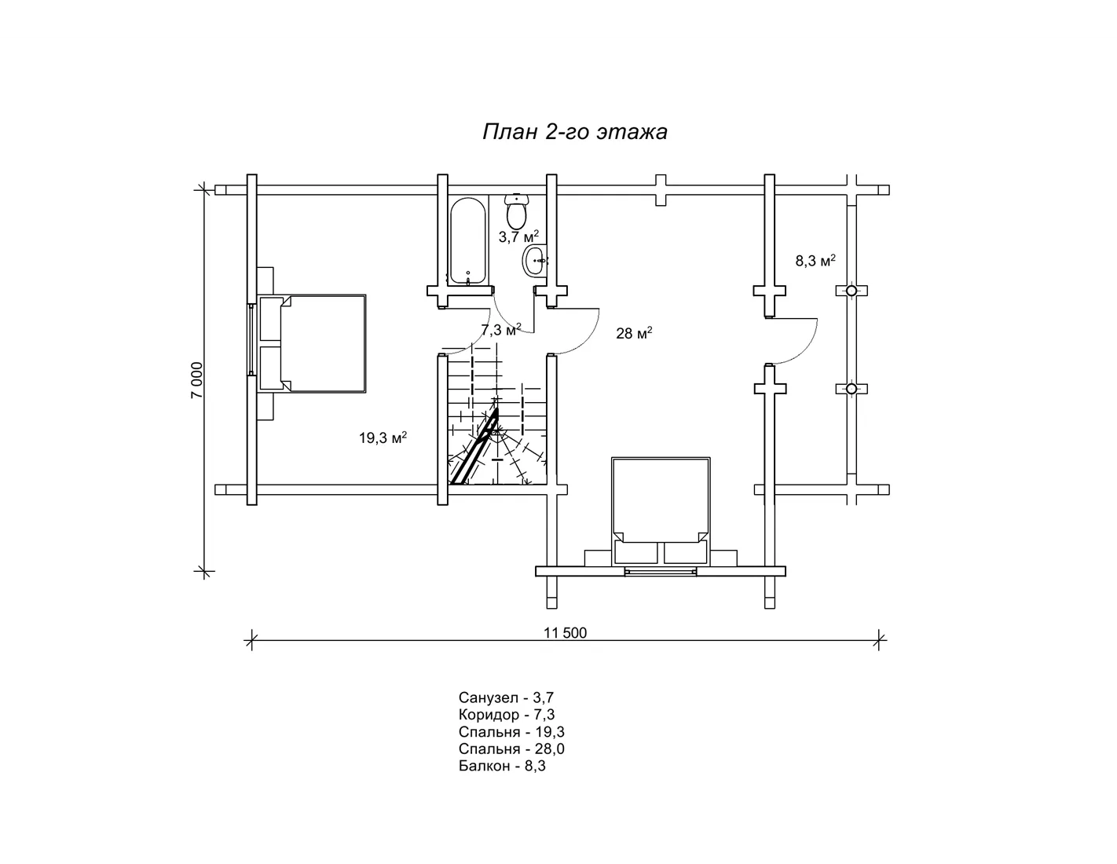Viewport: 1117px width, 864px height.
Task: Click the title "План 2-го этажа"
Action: pyautogui.click(x=575, y=132)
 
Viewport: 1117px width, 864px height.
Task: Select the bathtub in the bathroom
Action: pyautogui.click(x=467, y=242)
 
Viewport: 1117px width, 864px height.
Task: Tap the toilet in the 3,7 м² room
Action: pyautogui.click(x=516, y=212)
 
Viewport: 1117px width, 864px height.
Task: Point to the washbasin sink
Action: pyautogui.click(x=535, y=261)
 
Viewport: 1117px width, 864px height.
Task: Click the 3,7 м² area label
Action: pyautogui.click(x=518, y=236)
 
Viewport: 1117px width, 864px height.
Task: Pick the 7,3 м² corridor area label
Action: pyautogui.click(x=501, y=329)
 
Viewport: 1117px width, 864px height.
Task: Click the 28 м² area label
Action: pyautogui.click(x=635, y=334)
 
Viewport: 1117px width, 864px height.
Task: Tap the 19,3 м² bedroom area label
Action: pyautogui.click(x=383, y=438)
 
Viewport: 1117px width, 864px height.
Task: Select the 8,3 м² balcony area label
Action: pyautogui.click(x=815, y=261)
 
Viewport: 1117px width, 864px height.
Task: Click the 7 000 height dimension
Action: pyautogui.click(x=197, y=380)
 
